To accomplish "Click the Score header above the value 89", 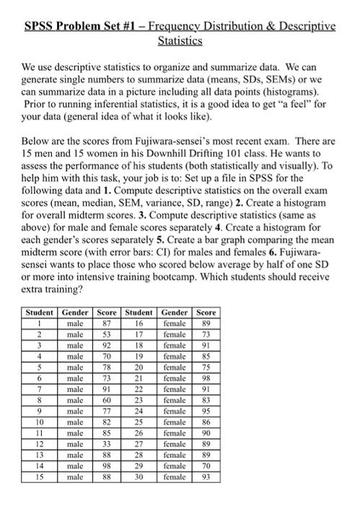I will pyautogui.click(x=206, y=312).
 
